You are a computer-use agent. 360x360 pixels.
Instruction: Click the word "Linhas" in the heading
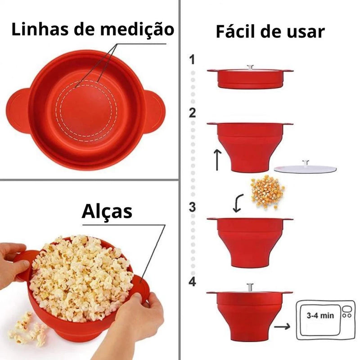[35, 31]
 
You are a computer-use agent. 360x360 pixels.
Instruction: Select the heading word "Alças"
[107, 211]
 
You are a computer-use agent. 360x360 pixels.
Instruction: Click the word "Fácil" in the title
[238, 32]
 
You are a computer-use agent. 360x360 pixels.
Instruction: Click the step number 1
[193, 59]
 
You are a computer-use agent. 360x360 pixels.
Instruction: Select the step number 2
[193, 113]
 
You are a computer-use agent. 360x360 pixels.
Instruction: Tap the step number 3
[193, 207]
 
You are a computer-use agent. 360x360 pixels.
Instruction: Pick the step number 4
[193, 282]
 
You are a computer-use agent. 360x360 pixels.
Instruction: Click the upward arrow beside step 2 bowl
[217, 160]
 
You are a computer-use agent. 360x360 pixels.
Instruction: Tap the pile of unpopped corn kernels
[267, 191]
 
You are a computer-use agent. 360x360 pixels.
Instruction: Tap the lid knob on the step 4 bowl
[250, 285]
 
